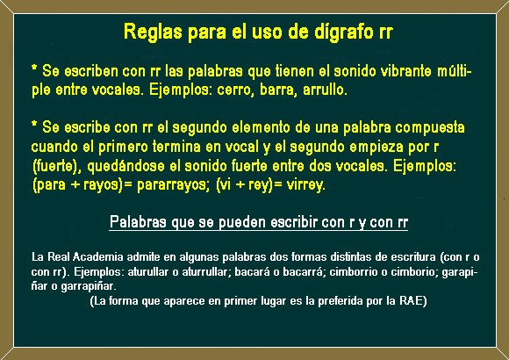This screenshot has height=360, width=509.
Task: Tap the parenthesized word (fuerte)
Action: pos(54,165)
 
